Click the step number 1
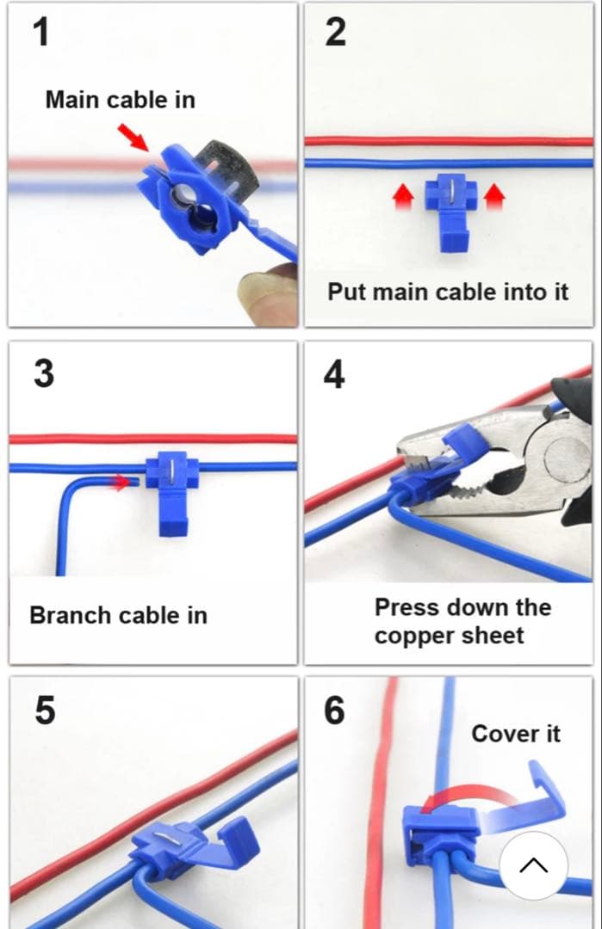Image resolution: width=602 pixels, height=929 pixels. [41, 32]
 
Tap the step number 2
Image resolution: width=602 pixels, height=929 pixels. [336, 32]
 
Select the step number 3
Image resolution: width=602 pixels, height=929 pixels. [44, 374]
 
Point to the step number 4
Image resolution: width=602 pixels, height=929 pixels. [334, 374]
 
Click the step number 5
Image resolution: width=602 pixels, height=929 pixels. [45, 711]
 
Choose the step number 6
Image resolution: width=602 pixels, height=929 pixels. [334, 711]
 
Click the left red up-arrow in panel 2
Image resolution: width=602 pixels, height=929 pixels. [403, 196]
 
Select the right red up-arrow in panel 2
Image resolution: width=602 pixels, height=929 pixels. [494, 196]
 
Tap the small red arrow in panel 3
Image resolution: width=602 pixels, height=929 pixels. [121, 482]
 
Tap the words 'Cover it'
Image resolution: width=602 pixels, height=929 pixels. [516, 734]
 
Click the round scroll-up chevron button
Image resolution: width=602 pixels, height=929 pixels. [534, 865]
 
